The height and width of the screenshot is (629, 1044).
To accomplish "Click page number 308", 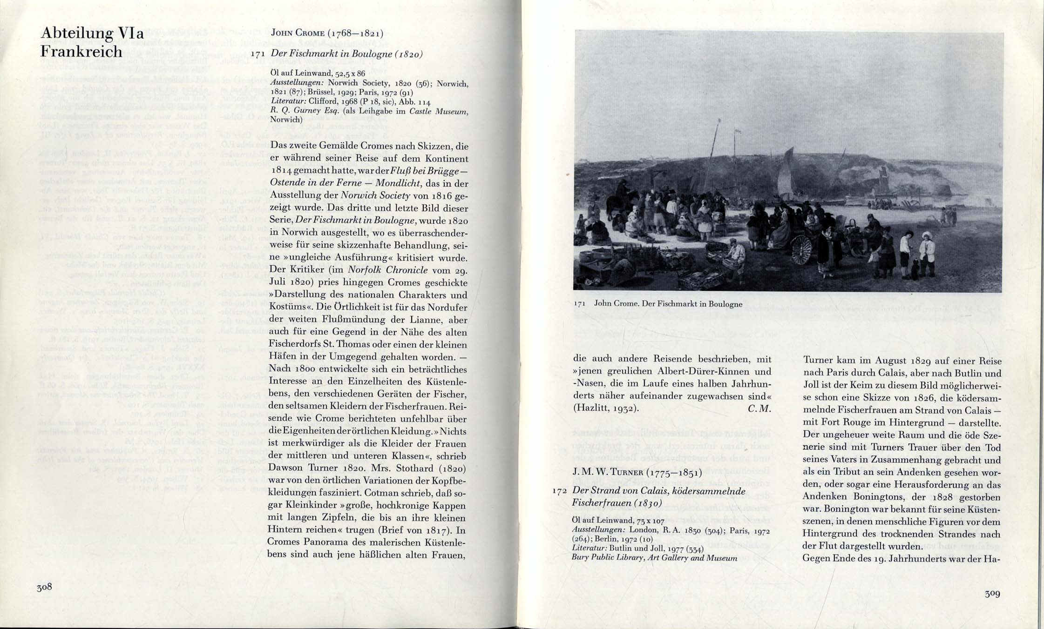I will (44, 587).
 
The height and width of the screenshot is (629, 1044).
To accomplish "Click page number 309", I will (992, 594).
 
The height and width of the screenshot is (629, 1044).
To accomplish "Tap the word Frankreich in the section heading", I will (81, 51).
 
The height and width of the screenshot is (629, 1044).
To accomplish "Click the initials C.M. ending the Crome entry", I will (759, 409).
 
